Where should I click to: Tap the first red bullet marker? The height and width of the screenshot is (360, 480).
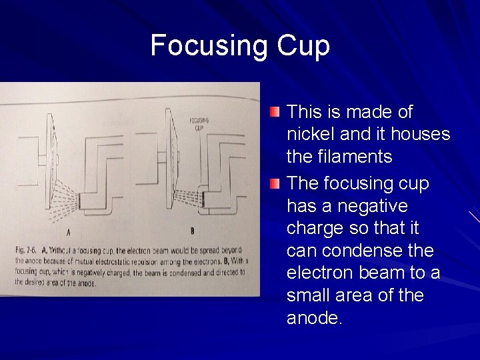(x=275, y=111)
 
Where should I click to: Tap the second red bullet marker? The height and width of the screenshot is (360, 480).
(x=275, y=183)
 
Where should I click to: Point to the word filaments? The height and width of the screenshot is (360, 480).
(x=352, y=157)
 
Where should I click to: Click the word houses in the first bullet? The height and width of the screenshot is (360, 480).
(x=421, y=135)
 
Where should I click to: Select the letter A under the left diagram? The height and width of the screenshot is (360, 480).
(x=69, y=233)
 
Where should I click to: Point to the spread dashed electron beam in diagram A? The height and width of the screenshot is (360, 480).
(x=64, y=193)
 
